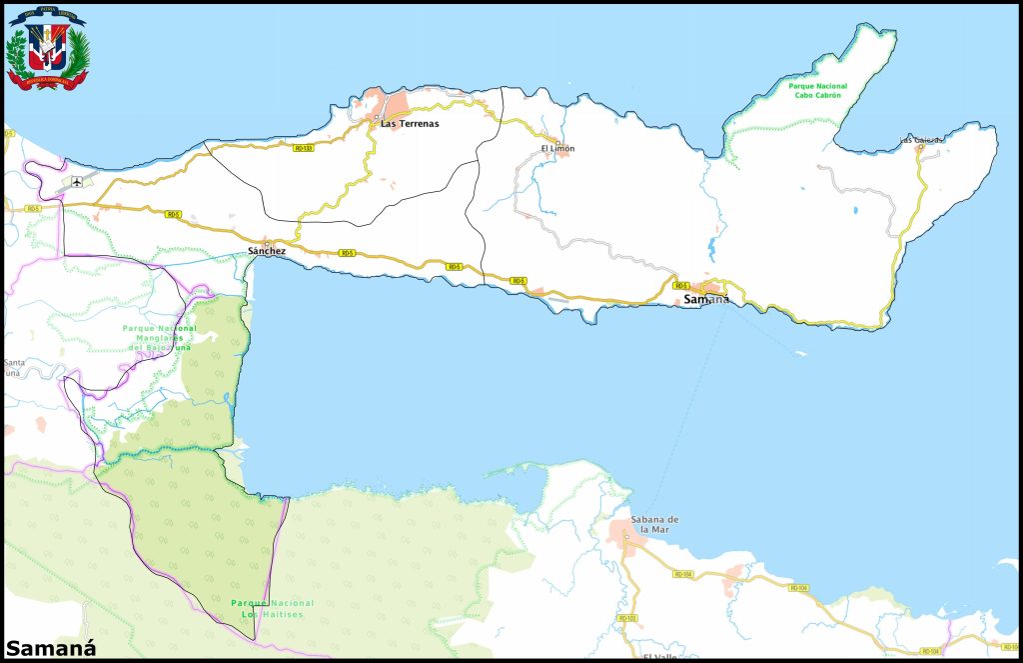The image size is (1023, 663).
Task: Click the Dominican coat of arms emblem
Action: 46,49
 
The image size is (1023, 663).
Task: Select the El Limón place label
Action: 557,149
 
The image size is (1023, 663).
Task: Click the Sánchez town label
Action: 267,251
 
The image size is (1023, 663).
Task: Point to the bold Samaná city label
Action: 706,299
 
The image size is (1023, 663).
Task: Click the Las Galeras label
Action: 920,140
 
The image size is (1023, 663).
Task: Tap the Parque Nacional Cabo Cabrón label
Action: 817,90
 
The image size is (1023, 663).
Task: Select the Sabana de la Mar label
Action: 655,524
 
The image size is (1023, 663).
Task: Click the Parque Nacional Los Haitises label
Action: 272,608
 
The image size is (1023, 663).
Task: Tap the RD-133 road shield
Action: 304,147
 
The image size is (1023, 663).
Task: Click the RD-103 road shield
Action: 627,618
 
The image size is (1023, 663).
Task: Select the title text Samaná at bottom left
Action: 43,644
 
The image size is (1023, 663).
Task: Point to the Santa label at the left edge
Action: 14,362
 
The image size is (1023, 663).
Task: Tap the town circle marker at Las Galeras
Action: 920,148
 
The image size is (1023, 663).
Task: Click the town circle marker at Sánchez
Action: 267,242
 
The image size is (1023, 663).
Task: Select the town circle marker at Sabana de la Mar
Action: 626,537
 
